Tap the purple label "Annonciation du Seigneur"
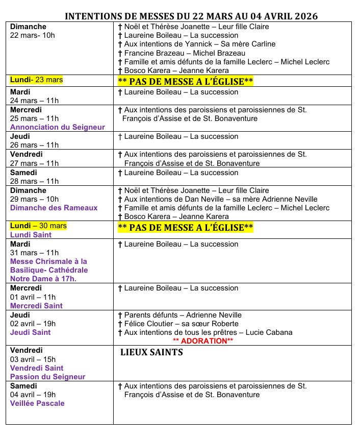tap(58, 127)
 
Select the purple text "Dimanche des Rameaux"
tap(54, 208)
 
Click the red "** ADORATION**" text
tap(203, 340)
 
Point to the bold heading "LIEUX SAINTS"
tap(151, 352)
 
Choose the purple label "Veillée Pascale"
tap(37, 403)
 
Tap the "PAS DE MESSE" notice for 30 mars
tap(186, 227)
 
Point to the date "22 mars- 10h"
tap(33, 35)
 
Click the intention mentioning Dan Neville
tap(217, 199)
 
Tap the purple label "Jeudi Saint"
tap(31, 332)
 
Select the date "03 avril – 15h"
tap(33, 359)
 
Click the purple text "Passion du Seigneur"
tap(48, 377)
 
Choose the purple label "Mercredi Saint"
tap(37, 306)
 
